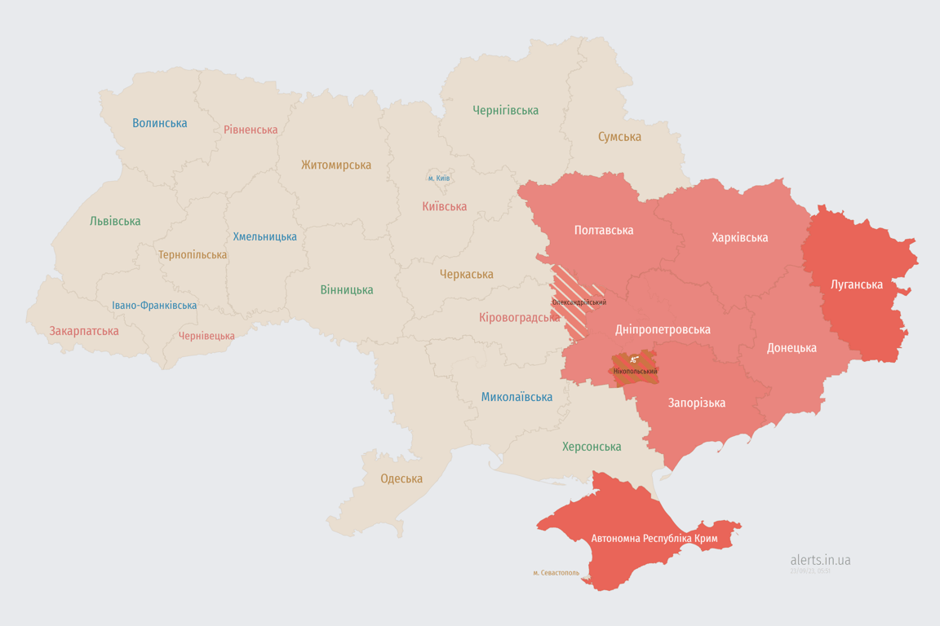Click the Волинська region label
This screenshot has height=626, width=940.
160,123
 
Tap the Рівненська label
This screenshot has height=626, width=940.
251,130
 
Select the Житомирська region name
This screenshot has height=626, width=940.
335,165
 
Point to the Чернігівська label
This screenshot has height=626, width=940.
505,110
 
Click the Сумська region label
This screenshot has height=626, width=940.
619,137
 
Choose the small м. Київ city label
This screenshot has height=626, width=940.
439,179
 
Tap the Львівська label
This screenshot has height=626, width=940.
115,221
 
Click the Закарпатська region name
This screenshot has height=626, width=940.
84,331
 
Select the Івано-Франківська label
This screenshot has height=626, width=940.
154,306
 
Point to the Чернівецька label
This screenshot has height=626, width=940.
206,336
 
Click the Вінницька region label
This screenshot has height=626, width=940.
347,289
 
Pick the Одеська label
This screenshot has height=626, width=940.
401,478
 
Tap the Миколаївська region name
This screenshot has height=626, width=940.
517,397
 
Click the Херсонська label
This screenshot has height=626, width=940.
592,447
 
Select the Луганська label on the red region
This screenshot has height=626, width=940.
857,284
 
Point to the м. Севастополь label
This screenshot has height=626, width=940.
556,573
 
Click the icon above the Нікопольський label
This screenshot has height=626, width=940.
634,359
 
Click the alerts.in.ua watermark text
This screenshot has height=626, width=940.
820,560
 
